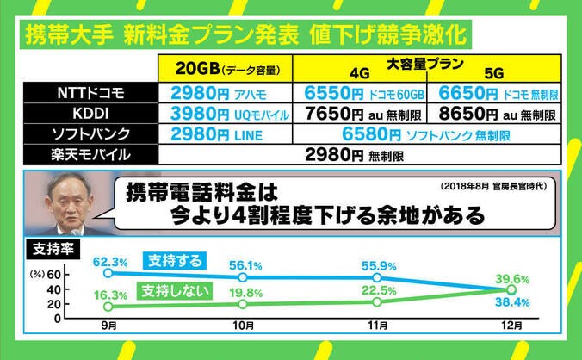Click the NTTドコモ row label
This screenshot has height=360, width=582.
pos(90,92)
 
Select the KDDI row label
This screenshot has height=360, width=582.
pos(90,113)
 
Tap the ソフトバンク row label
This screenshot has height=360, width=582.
pos(90,133)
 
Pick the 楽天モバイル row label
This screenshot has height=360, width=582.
pos(90,155)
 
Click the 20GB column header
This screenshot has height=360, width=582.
pos(227,69)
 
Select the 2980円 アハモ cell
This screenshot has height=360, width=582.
pos(227,92)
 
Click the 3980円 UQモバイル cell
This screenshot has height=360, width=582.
pos(227,113)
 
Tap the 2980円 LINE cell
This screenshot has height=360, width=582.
pos(227,133)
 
